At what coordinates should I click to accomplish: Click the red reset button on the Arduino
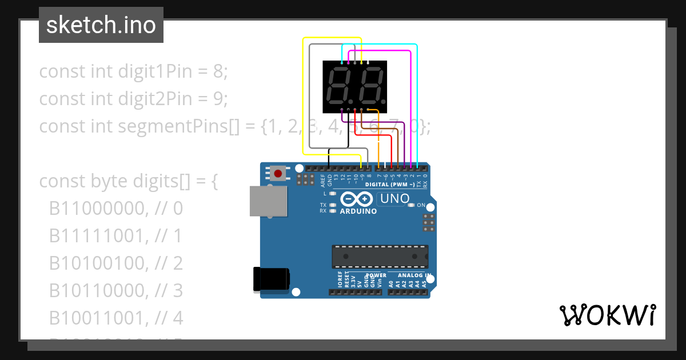tap(278, 173)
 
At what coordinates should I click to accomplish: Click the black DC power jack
tap(271, 279)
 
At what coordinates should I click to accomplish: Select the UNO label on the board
tap(394, 199)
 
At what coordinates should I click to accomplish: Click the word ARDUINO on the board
tap(358, 211)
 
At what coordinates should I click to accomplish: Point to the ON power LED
tap(412, 205)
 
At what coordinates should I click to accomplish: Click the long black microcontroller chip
tap(380, 257)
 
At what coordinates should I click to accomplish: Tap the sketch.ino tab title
tap(101, 25)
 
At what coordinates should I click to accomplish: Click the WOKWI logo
tap(607, 315)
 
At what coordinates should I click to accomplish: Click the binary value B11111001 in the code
tap(98, 235)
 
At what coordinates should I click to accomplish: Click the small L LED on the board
tap(332, 194)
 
